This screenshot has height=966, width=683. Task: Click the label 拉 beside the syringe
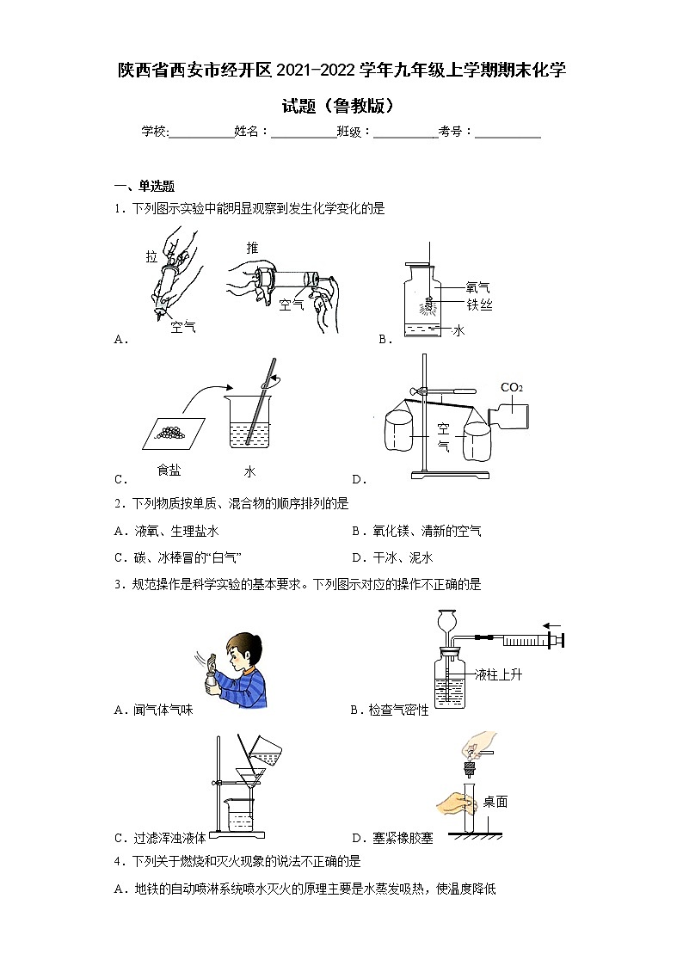click(x=151, y=257)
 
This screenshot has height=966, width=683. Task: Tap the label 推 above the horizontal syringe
click(x=252, y=248)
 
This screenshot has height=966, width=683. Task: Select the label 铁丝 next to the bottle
click(x=478, y=305)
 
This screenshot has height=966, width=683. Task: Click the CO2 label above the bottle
click(x=512, y=387)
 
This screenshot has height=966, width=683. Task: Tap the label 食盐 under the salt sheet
click(x=169, y=470)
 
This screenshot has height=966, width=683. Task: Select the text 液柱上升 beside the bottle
click(x=498, y=674)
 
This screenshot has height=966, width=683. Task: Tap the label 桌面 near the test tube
click(x=495, y=802)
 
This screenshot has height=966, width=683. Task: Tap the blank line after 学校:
click(x=202, y=132)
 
